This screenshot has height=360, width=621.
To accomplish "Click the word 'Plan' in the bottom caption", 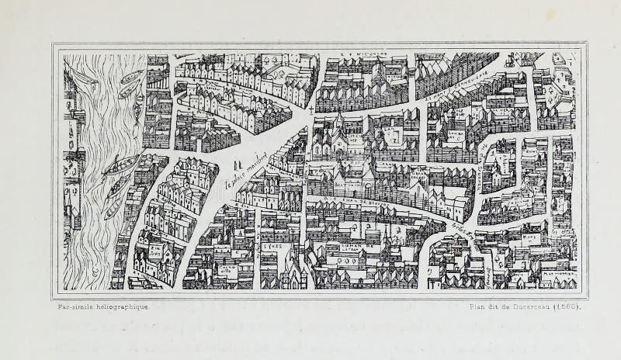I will pyautogui.click(x=480, y=306).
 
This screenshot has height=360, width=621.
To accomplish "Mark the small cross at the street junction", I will pyautogui.click(x=311, y=111).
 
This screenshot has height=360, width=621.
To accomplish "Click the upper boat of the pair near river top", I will pyautogui.click(x=132, y=76).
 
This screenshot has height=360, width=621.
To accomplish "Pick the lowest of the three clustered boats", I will pyautogui.click(x=113, y=208).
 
